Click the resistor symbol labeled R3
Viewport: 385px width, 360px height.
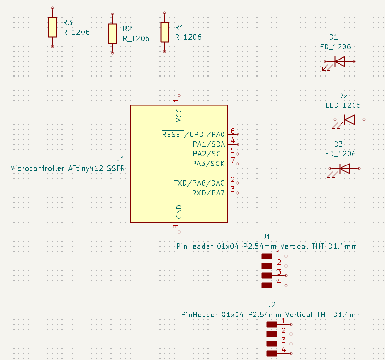pyautogui.click(x=52, y=27)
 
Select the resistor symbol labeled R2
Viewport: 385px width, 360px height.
pyautogui.click(x=112, y=33)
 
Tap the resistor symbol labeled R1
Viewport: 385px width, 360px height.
pyautogui.click(x=164, y=32)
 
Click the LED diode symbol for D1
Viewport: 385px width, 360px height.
pyautogui.click(x=340, y=61)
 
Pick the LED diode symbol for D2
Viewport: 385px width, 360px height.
pyautogui.click(x=349, y=120)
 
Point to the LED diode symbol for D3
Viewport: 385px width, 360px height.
pyautogui.click(x=344, y=168)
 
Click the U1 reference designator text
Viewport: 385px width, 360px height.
pyautogui.click(x=120, y=159)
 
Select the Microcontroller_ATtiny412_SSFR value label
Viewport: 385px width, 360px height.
pyautogui.click(x=67, y=168)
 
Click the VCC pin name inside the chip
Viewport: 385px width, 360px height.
pyautogui.click(x=179, y=115)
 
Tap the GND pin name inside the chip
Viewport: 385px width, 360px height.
pyautogui.click(x=179, y=212)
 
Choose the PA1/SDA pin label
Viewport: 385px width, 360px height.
pyautogui.click(x=209, y=144)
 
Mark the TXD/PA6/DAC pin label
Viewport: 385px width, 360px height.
pyautogui.click(x=199, y=183)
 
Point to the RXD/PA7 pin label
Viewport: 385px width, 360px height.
pyautogui.click(x=208, y=193)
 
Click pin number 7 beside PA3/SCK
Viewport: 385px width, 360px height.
pyautogui.click(x=233, y=160)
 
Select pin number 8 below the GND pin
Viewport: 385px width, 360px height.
pyautogui.click(x=175, y=226)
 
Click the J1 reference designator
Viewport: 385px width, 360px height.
pyautogui.click(x=267, y=237)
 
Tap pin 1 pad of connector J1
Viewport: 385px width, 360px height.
pyautogui.click(x=267, y=256)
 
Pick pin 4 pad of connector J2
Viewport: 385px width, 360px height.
pyautogui.click(x=271, y=353)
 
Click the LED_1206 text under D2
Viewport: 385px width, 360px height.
pyautogui.click(x=343, y=105)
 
